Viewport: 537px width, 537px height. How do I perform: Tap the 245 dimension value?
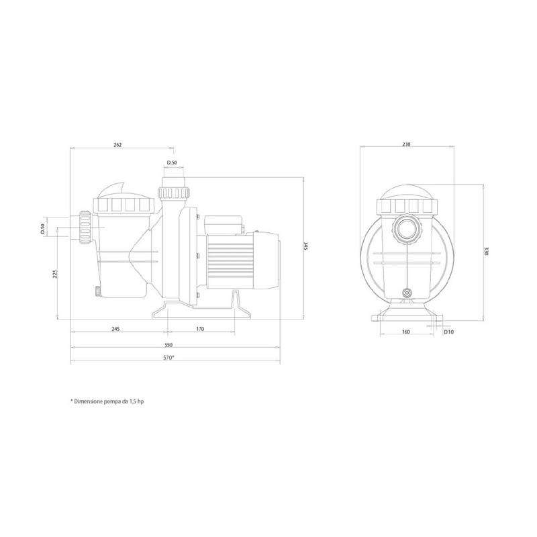point(115,330)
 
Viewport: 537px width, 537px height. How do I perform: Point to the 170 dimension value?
point(200,330)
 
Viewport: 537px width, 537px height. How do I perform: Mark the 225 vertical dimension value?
point(55,274)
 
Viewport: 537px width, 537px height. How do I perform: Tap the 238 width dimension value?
point(406,144)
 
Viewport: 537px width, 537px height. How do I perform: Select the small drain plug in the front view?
point(406,293)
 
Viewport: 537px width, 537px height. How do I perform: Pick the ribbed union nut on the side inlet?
point(85,228)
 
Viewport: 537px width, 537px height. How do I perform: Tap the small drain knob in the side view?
point(97,291)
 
